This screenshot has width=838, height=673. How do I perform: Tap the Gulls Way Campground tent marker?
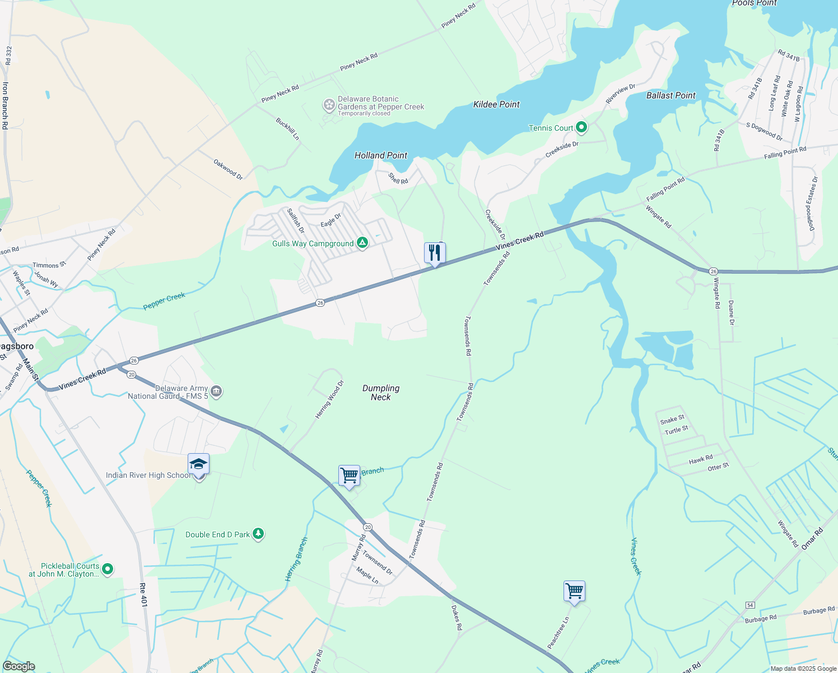[362, 243]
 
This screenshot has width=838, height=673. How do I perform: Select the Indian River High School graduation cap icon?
[198, 465]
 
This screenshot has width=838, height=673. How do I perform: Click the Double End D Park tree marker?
[258, 534]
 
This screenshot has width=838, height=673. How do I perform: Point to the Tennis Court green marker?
[581, 128]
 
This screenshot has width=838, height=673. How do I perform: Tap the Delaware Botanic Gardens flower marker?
[329, 105]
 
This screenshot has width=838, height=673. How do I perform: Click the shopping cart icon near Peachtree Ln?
[574, 591]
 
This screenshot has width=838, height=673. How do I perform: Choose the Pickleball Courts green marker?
[108, 569]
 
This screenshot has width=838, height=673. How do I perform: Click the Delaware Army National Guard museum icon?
[217, 391]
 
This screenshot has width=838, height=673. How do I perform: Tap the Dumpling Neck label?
[381, 393]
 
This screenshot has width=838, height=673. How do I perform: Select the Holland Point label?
[381, 155]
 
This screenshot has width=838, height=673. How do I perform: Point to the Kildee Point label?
[496, 104]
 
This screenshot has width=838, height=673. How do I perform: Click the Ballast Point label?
[671, 95]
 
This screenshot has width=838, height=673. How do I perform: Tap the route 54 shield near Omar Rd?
[750, 605]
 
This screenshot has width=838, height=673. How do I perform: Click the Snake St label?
[672, 420]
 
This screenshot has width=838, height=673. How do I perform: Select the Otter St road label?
[718, 467]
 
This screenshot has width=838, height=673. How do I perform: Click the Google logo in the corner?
[19, 666]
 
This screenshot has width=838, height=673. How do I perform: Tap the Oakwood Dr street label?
[228, 169]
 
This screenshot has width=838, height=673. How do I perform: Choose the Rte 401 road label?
[143, 595]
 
